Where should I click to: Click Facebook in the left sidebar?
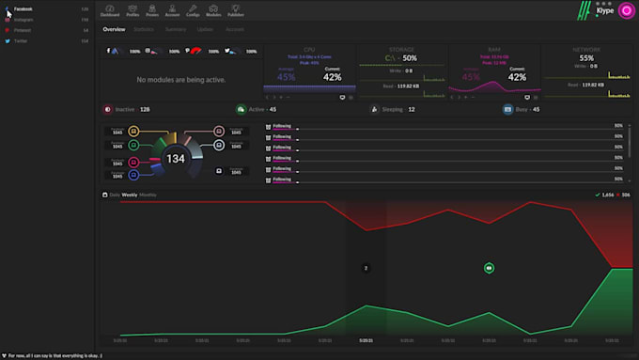(x=23, y=8)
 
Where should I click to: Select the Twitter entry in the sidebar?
(x=22, y=40)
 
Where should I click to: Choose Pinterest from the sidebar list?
(x=23, y=30)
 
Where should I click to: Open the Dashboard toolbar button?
(x=110, y=11)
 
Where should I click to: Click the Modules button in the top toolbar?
(x=213, y=11)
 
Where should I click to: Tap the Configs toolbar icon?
(x=193, y=11)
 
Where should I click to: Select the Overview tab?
(x=114, y=29)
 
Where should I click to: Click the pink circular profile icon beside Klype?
(x=626, y=11)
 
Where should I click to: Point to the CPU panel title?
(x=309, y=49)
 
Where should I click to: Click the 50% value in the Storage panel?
(x=410, y=58)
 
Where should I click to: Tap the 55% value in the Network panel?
(x=586, y=58)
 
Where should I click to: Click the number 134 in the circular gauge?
(x=176, y=159)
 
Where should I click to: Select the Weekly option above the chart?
(x=129, y=195)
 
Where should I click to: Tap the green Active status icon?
(x=242, y=109)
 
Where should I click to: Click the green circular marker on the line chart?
(x=489, y=268)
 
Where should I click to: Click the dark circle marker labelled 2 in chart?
(x=366, y=268)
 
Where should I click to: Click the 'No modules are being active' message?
(x=180, y=80)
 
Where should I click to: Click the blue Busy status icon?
(x=508, y=109)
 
